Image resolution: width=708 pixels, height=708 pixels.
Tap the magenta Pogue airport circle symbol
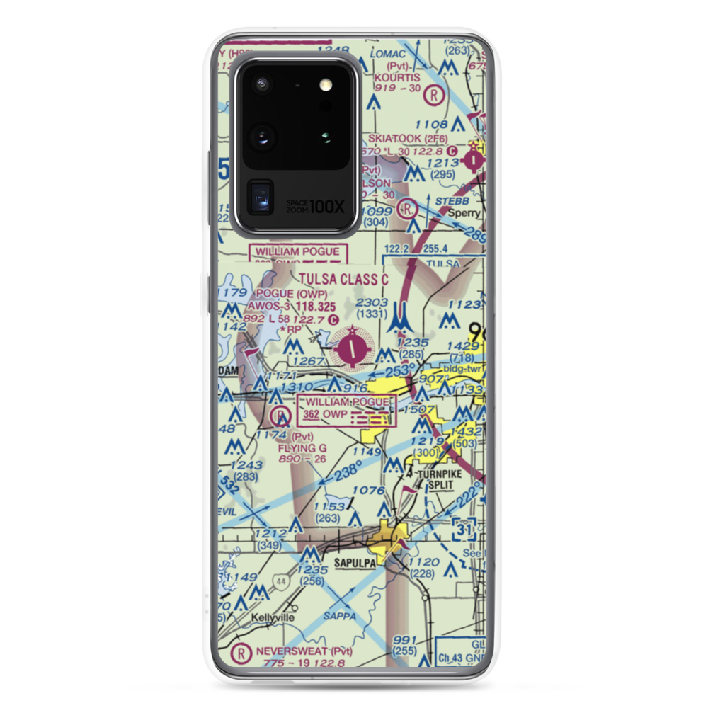point(353,348)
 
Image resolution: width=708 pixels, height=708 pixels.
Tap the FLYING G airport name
point(302,447)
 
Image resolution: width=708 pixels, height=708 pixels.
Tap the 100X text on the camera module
point(328,207)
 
